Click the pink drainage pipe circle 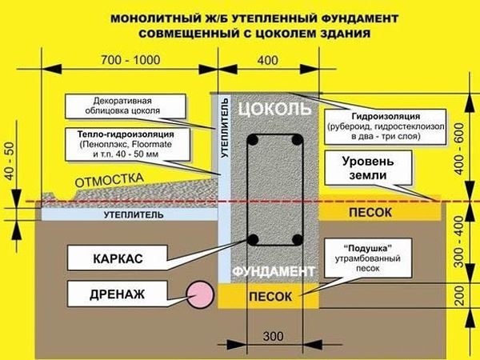coord(198,294)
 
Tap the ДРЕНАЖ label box coord(123,294)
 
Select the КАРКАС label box coord(123,258)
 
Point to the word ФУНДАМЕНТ coord(273,273)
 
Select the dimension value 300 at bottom coord(273,334)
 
